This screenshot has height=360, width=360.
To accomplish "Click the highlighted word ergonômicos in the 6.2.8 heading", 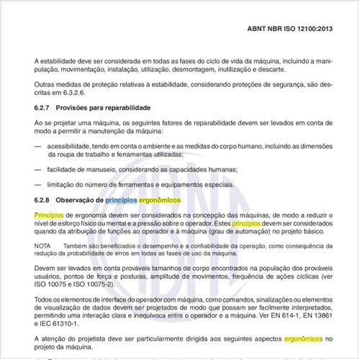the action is click(160, 198).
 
